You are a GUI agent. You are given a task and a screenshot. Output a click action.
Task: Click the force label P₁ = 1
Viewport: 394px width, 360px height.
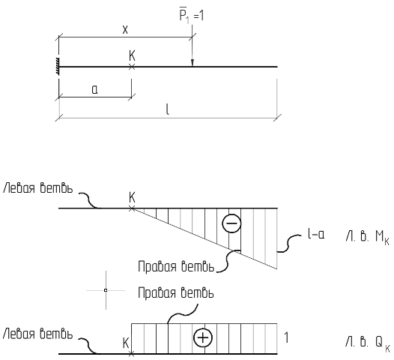click(x=192, y=16)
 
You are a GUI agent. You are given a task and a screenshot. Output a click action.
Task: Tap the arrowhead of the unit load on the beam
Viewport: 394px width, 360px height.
click(x=193, y=63)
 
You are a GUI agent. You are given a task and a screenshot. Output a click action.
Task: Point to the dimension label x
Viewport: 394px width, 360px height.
click(x=125, y=30)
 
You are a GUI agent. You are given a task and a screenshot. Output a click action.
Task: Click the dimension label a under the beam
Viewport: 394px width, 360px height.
click(x=94, y=89)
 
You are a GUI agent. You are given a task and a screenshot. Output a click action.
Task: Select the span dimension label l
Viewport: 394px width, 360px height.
click(x=168, y=109)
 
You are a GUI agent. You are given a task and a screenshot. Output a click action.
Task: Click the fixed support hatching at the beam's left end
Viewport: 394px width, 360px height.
click(x=58, y=67)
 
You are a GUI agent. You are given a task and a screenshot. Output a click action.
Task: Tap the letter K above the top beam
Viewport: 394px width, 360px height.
click(x=132, y=55)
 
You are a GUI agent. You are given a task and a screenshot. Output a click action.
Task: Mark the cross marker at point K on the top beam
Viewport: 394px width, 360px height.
click(x=132, y=67)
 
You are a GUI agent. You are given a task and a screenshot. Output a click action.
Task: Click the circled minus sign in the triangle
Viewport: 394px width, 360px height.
click(x=231, y=223)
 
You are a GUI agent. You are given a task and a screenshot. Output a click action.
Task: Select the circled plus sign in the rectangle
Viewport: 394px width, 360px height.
click(x=203, y=337)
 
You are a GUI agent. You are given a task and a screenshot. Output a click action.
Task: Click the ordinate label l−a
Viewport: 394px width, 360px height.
click(x=316, y=235)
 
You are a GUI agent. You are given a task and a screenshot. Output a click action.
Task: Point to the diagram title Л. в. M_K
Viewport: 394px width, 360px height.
click(x=367, y=238)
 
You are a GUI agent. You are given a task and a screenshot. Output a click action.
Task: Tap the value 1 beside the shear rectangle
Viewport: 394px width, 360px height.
click(x=286, y=337)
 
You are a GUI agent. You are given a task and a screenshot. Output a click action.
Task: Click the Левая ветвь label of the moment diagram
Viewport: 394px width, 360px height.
click(x=37, y=188)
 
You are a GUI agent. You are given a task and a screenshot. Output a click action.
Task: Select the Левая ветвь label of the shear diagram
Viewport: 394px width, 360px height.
click(x=37, y=334)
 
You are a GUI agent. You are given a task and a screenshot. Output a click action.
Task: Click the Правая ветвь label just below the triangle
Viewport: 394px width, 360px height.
click(x=176, y=267)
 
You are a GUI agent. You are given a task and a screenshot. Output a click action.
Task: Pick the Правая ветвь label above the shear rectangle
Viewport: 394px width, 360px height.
click(x=176, y=293)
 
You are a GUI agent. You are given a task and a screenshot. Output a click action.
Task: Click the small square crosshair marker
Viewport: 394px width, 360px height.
click(x=106, y=290)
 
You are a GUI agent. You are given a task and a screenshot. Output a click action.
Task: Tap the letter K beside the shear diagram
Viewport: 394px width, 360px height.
click(x=126, y=343)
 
